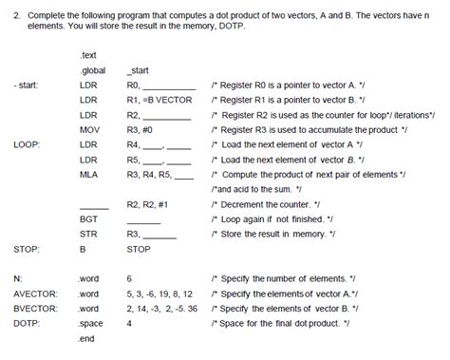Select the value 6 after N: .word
click(129, 279)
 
